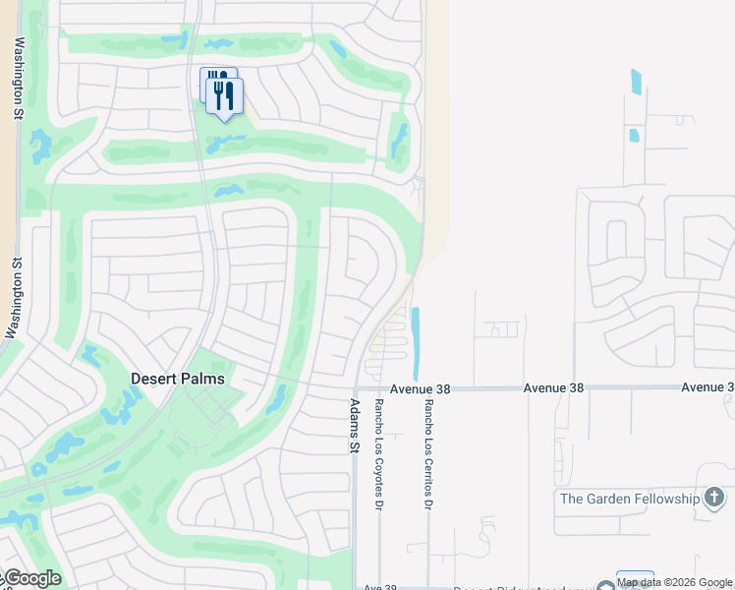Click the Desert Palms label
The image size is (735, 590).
tap(178, 379)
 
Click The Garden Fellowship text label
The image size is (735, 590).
tap(629, 499)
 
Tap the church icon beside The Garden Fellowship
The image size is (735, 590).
tap(714, 499)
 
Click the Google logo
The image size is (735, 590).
tap(32, 578)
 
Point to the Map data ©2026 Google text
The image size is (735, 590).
tap(675, 583)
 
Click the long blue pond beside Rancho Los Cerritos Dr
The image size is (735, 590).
tap(416, 343)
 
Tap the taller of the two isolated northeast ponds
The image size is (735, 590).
tap(636, 82)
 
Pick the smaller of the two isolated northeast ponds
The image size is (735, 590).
tap(634, 136)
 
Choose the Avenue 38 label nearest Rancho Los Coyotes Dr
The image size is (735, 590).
tap(420, 389)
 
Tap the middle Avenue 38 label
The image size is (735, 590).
tap(554, 388)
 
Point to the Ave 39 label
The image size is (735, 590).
tap(379, 587)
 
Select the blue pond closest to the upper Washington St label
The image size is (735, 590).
tap(41, 147)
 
